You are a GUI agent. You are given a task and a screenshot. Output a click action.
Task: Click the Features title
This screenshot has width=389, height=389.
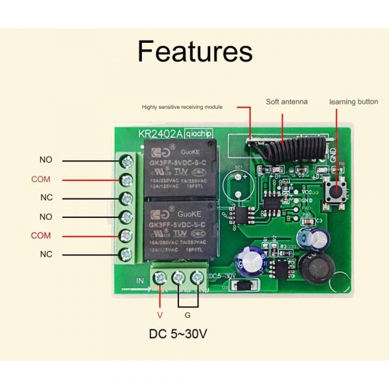point(194,51)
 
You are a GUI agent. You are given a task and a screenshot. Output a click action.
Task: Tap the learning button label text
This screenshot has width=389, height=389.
point(353,102)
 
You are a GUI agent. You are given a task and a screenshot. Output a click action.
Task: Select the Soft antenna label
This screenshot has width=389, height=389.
point(287,102)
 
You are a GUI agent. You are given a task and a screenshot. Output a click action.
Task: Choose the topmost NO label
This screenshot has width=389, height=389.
point(46,159)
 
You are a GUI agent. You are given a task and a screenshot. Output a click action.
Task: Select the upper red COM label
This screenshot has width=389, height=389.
point(41,179)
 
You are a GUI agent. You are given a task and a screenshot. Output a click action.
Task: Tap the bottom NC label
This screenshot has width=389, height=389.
point(46,254)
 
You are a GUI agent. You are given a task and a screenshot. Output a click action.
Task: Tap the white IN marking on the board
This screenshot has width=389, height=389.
point(140,279)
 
